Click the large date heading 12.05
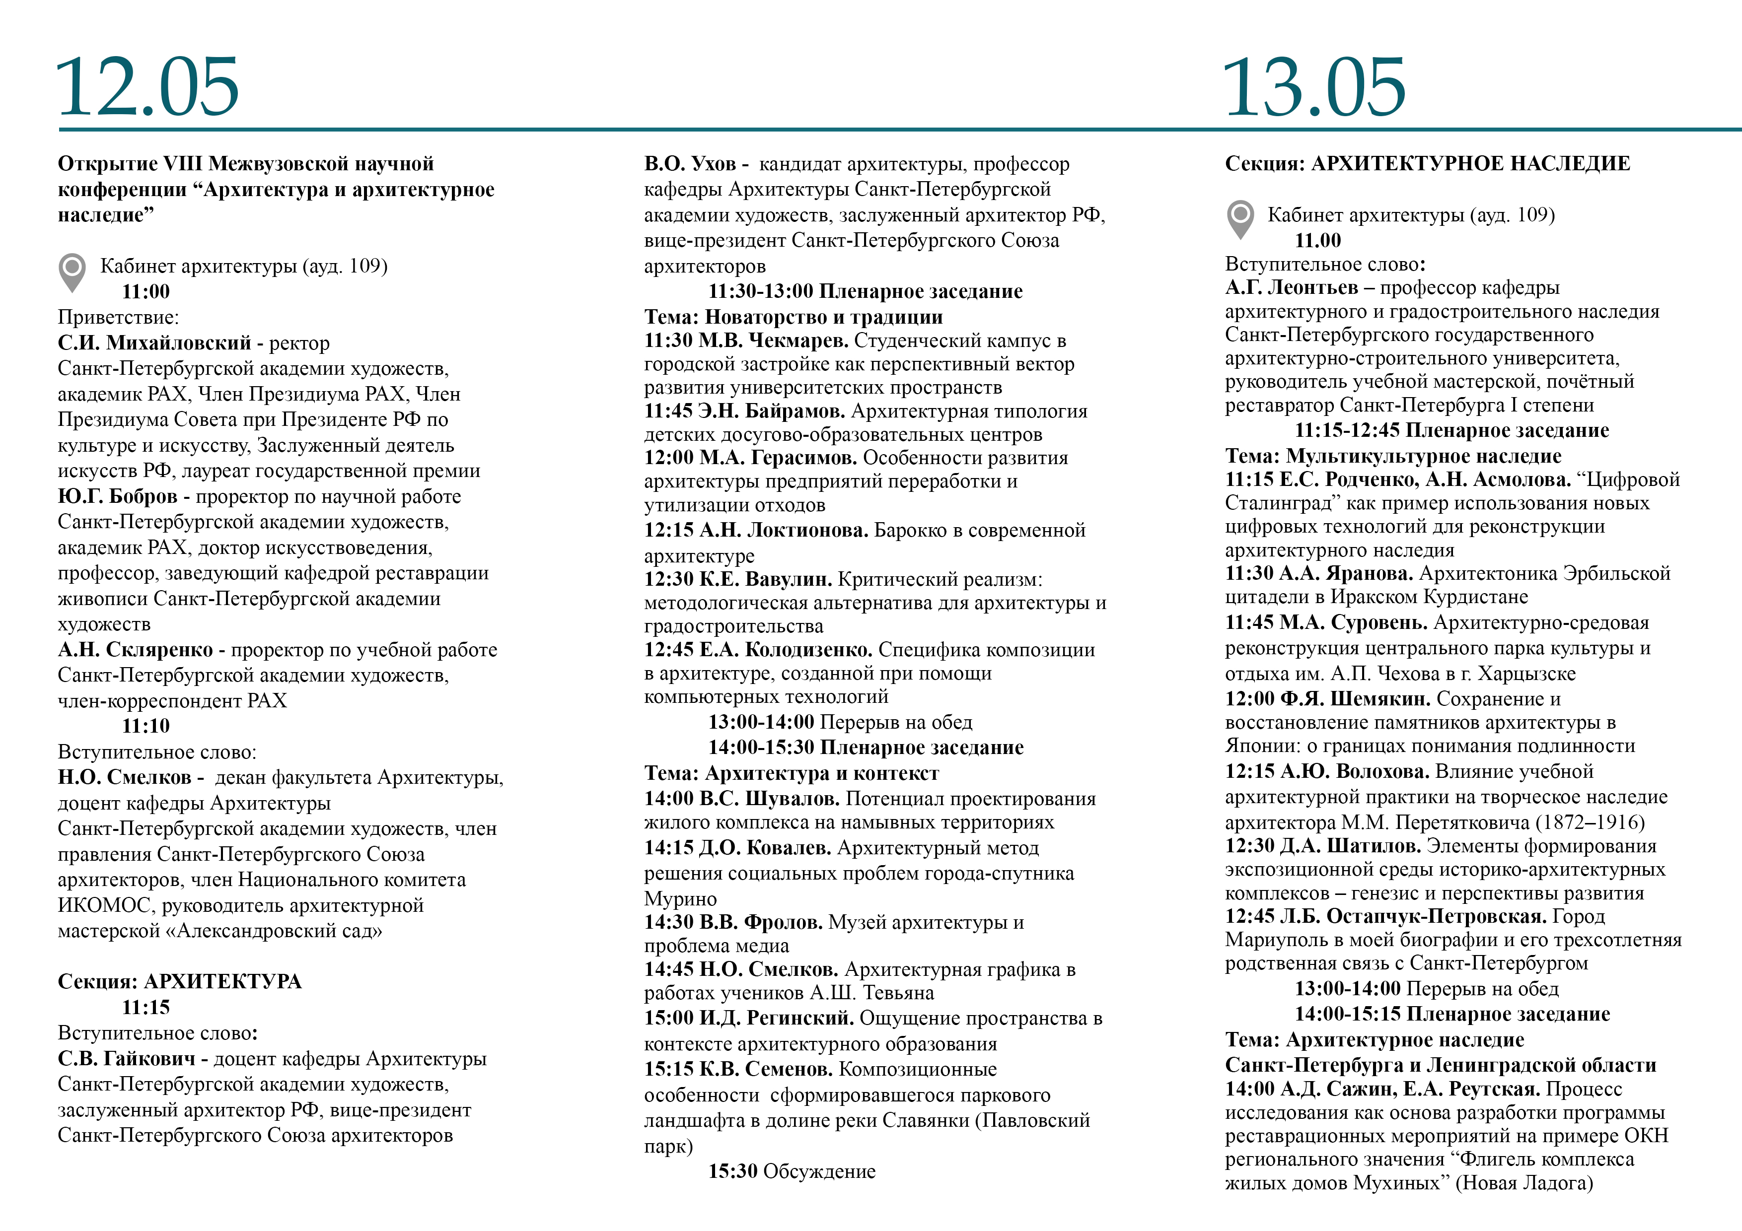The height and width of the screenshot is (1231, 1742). point(148,87)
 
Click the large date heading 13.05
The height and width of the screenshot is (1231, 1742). point(1313,87)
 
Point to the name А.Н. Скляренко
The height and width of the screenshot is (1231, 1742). point(135,650)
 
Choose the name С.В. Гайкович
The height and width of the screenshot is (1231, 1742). point(126,1059)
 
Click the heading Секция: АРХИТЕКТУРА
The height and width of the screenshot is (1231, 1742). point(179,981)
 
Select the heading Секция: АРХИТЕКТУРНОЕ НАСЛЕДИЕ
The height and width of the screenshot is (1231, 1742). point(1427,164)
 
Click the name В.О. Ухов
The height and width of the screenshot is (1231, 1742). point(690,164)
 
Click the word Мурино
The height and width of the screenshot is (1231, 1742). point(680,899)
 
